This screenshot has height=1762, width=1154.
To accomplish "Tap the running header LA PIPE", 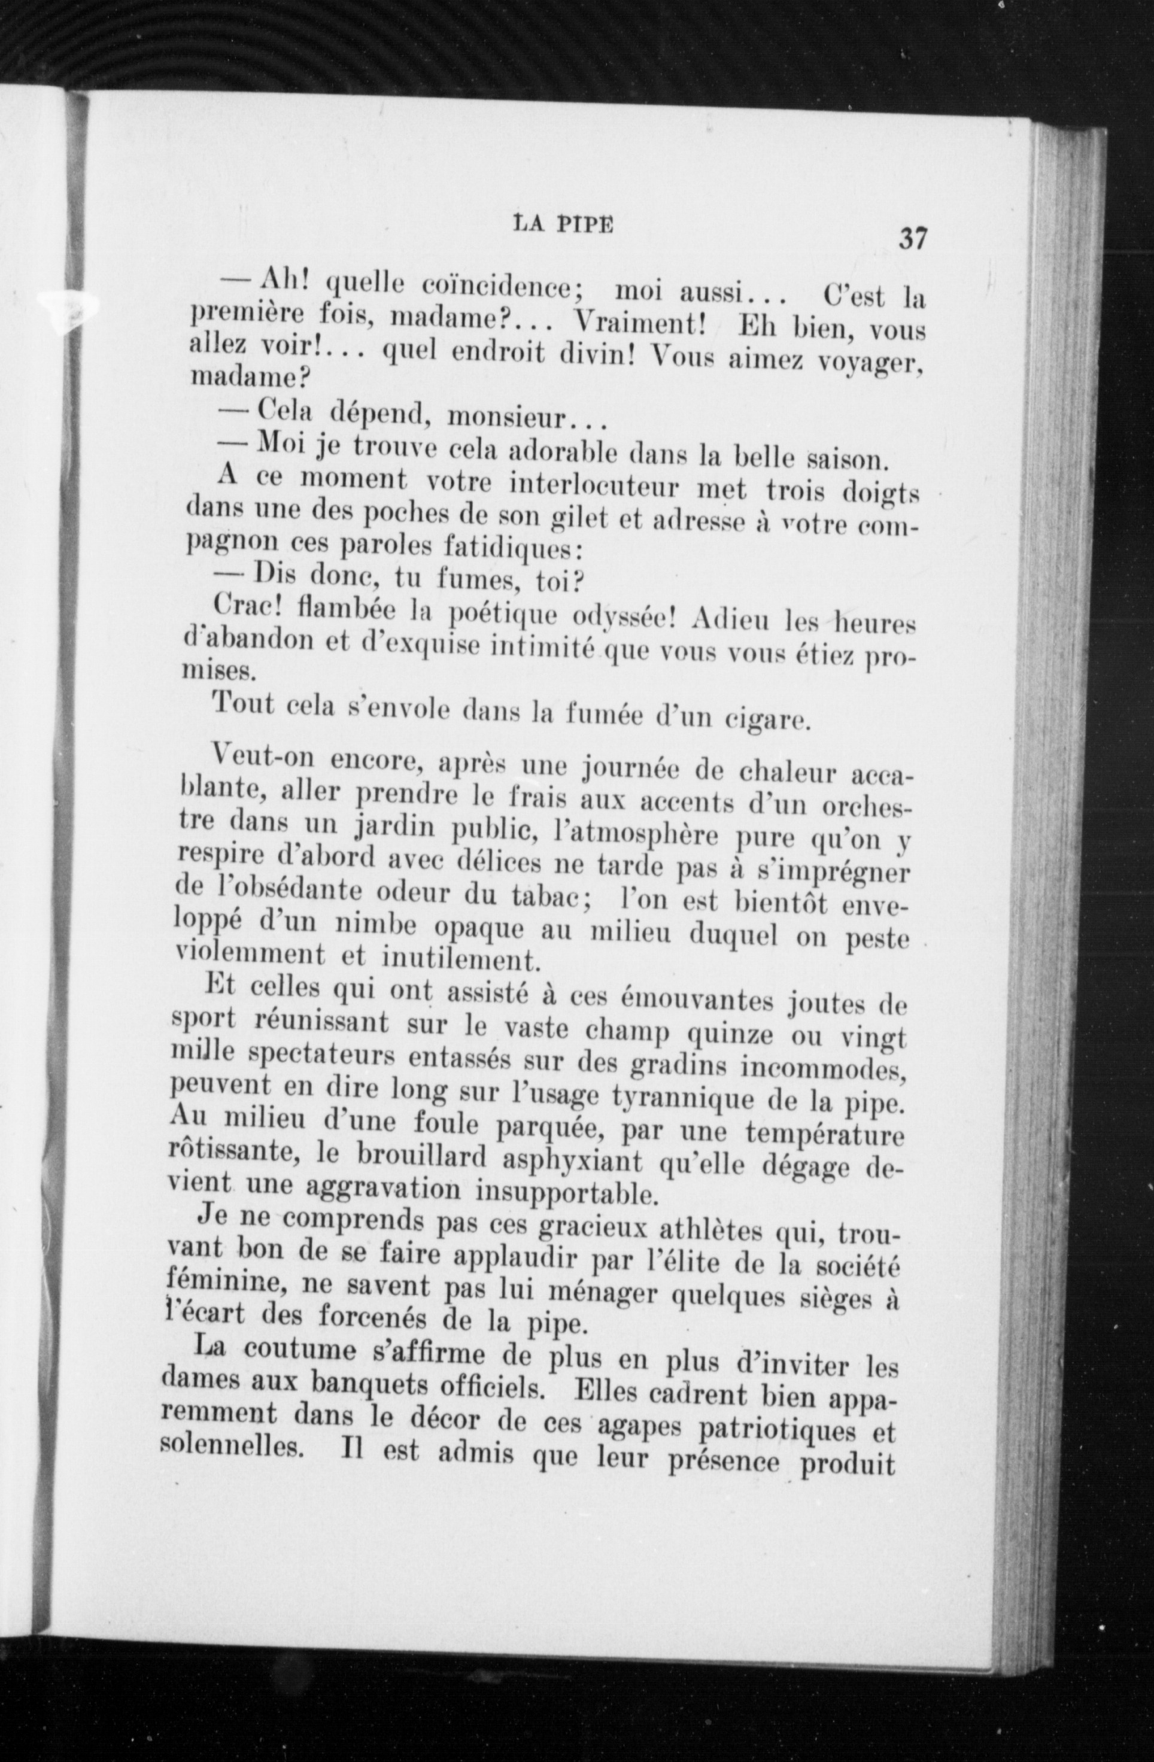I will (563, 225).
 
